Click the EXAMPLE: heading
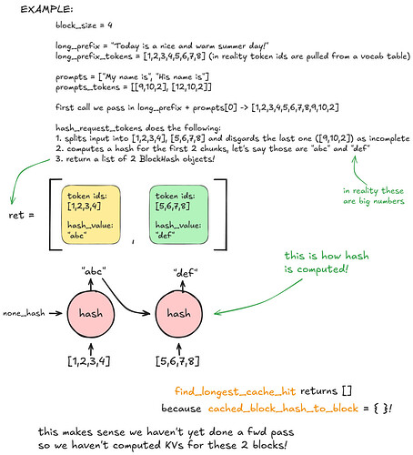tap(46, 9)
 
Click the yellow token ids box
tap(91, 215)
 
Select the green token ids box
tap(178, 215)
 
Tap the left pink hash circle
tap(91, 314)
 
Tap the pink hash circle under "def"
tap(178, 314)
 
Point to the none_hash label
tap(24, 313)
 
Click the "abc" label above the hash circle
tap(94, 271)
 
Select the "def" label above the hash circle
tap(186, 273)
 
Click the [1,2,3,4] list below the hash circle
tap(89, 361)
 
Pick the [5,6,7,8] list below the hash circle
tap(177, 361)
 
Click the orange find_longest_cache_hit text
tap(235, 391)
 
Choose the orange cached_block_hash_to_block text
tap(283, 409)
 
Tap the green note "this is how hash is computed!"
tap(327, 262)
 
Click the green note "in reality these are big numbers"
tap(374, 196)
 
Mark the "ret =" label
tap(21, 215)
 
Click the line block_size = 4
tap(84, 25)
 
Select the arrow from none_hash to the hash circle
tap(55, 313)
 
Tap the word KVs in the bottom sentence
tap(175, 445)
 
